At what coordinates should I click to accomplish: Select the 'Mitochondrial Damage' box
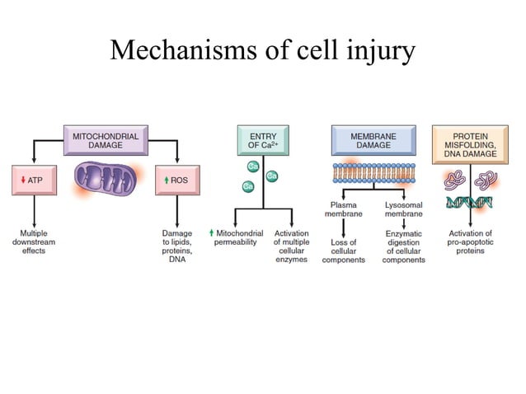click(x=106, y=138)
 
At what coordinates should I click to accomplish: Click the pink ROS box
click(x=177, y=180)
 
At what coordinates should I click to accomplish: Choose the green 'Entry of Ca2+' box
click(x=263, y=139)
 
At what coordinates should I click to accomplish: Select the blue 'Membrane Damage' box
click(x=373, y=139)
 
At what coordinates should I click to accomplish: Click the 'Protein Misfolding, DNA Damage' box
click(x=470, y=139)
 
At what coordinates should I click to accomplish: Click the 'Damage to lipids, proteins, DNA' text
click(x=177, y=246)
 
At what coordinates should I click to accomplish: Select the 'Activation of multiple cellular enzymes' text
click(x=291, y=246)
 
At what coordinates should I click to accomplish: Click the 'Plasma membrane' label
click(x=343, y=209)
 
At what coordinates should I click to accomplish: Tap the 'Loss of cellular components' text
click(x=343, y=251)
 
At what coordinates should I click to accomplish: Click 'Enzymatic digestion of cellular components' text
click(x=404, y=251)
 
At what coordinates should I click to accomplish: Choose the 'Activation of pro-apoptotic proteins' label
click(x=471, y=242)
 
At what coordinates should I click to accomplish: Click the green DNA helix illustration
click(x=471, y=202)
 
